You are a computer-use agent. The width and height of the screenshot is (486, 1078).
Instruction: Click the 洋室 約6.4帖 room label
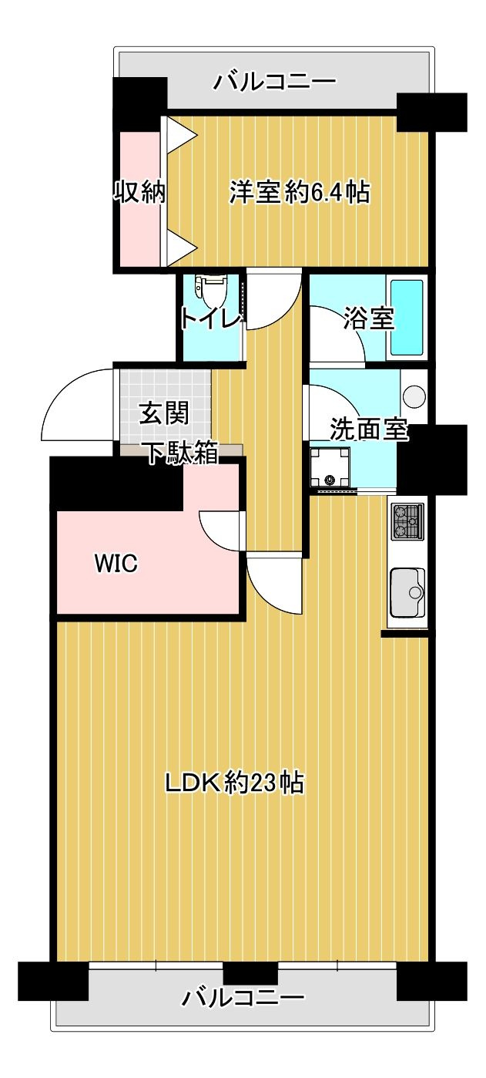pos(299,191)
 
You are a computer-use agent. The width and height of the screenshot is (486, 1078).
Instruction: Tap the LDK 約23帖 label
pos(235,784)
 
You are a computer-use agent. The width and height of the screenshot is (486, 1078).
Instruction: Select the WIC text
pos(116,564)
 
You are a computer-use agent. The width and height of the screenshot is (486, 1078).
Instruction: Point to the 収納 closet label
pos(140,191)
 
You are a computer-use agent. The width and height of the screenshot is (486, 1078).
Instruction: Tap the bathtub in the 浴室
pos(407,318)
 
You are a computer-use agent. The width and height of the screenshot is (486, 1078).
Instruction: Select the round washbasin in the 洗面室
pos(414,395)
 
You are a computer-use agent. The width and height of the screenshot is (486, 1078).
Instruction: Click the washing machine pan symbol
pos(330,468)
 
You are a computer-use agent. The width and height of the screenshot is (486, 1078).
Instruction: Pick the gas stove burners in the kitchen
pos(407,520)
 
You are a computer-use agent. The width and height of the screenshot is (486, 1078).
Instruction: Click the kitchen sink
pos(407,592)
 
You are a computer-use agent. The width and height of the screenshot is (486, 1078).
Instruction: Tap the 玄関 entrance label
pos(163,415)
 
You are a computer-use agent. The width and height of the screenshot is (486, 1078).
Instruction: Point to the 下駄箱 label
pos(182,454)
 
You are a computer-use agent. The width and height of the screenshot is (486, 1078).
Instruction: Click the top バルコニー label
pos(275,80)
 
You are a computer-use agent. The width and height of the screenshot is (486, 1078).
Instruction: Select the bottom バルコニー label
pos(243,999)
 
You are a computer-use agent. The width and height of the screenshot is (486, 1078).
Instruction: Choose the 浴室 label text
pos(370,318)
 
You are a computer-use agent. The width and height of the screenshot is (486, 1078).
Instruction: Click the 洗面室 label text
pos(368,430)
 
